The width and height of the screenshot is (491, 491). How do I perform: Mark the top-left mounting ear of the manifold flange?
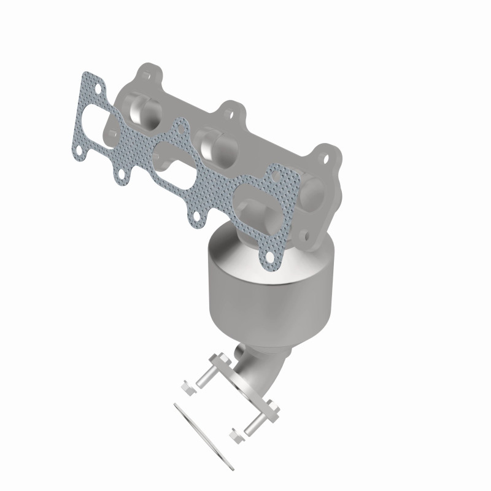tap(145, 75)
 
